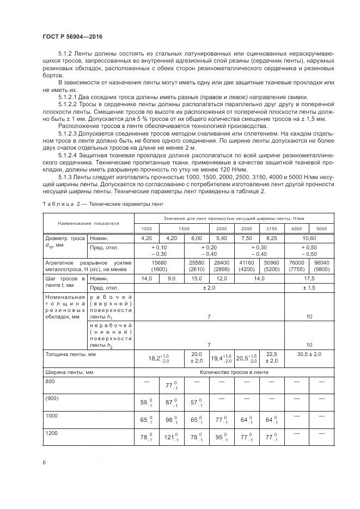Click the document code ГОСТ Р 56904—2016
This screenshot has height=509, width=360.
72,36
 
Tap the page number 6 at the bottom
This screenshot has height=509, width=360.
44,462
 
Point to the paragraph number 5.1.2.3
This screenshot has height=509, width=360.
69,133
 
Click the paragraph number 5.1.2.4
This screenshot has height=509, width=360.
69,155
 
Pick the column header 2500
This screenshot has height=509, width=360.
246,229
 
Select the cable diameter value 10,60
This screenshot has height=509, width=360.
308,238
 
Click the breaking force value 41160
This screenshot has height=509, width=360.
246,262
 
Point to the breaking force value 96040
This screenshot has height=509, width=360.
321,262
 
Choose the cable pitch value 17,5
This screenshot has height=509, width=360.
308,279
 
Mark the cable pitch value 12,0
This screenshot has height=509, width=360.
221,279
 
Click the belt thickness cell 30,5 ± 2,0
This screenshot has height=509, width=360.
308,354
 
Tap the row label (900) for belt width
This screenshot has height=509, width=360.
51,398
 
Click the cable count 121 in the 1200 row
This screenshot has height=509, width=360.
171,437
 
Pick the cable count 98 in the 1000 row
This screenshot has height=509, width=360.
171,420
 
